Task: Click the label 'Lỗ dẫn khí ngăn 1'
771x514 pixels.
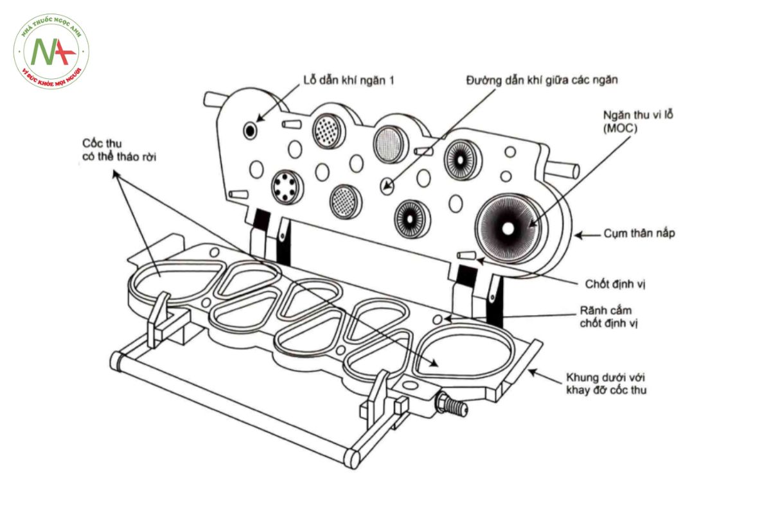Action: click(348, 80)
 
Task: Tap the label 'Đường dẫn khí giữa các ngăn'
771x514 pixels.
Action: click(542, 80)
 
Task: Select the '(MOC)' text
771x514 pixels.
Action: click(620, 128)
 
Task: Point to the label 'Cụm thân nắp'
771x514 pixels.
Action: click(639, 233)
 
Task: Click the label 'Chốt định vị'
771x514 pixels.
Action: click(615, 284)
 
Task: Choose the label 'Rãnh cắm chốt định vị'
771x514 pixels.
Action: click(609, 317)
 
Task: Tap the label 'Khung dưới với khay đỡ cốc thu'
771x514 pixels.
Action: click(606, 384)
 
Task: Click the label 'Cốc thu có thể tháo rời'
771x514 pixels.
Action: click(119, 150)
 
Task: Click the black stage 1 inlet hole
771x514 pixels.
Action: click(250, 130)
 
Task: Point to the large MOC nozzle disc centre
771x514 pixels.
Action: click(508, 229)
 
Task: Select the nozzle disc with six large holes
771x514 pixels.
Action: click(287, 187)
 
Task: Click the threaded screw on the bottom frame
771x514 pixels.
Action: click(452, 404)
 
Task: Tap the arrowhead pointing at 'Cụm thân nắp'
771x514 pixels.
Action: click(578, 236)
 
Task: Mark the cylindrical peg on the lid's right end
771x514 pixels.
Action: click(562, 170)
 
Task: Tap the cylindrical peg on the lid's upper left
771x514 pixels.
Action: click(213, 100)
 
